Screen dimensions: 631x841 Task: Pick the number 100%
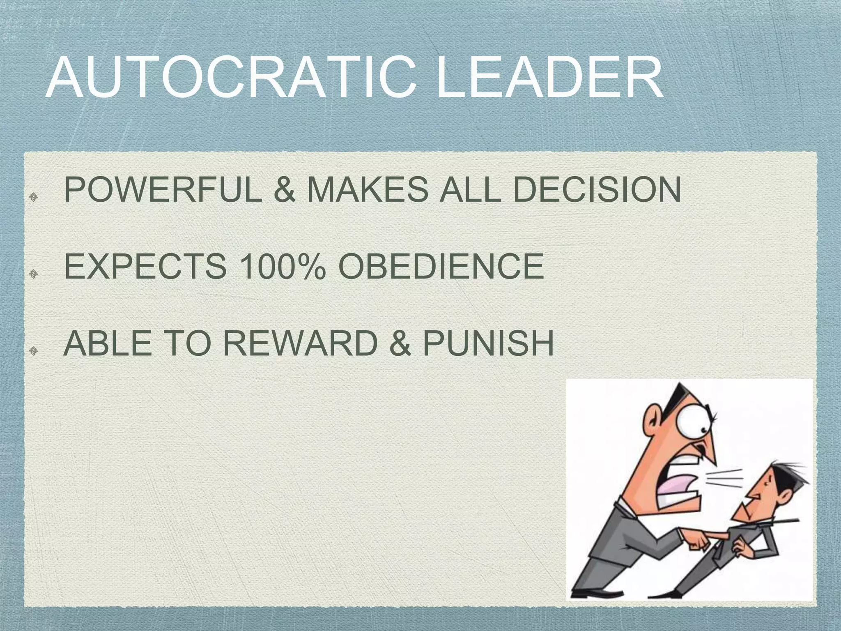tap(283, 266)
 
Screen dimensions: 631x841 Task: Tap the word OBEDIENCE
tap(441, 266)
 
